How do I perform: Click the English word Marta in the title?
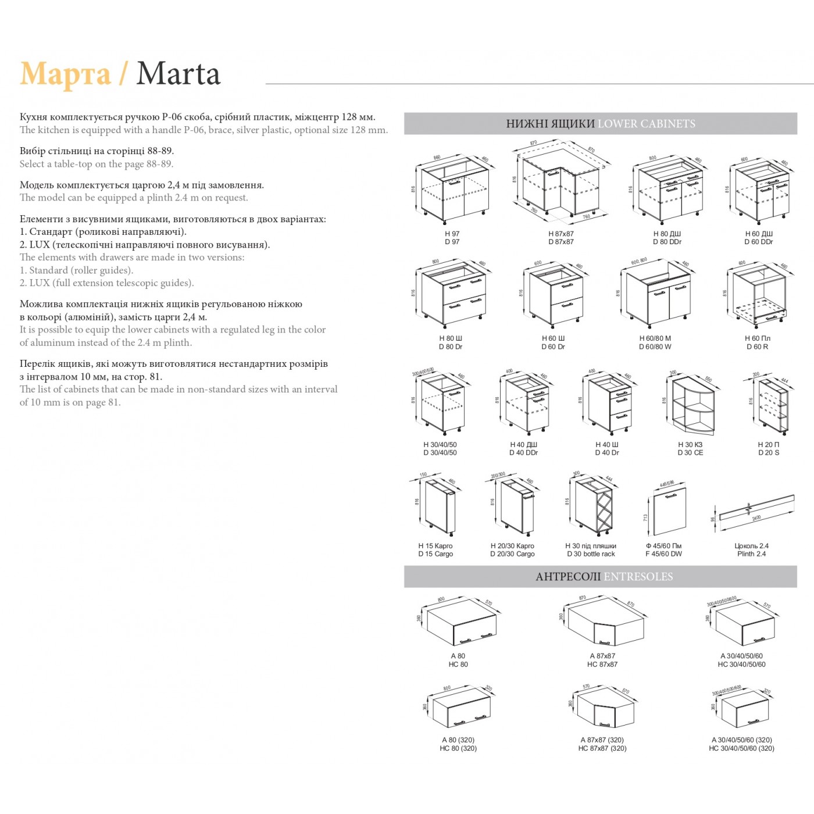pos(178,74)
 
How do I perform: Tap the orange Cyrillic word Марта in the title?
pos(65,74)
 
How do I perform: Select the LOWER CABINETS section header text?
pos(646,124)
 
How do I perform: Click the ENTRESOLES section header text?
pos(638,577)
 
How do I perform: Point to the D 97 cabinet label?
pos(452,242)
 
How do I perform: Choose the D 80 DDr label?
pos(667,242)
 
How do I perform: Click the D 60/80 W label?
pos(655,347)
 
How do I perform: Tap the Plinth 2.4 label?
pos(751,554)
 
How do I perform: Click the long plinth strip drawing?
pos(756,508)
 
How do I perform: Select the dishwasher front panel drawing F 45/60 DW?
pos(668,510)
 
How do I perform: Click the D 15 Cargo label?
pos(435,554)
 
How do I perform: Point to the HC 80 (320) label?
pos(458,748)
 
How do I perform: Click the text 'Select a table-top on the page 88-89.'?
pos(97,164)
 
